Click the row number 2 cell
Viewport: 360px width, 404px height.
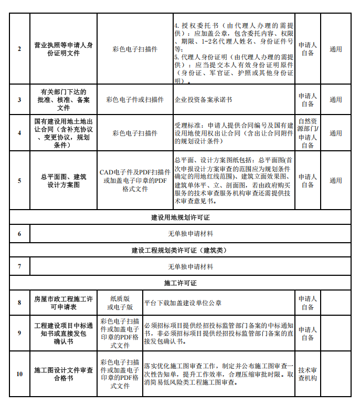(19, 49)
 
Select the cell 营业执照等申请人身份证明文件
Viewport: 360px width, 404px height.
(63, 49)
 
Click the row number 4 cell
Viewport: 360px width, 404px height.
(19, 133)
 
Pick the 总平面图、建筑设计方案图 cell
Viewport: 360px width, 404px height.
(63, 181)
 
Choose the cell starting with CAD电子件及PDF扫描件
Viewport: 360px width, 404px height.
(135, 181)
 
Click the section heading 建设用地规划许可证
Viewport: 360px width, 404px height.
(180, 217)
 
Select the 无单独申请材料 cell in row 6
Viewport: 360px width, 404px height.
(190, 233)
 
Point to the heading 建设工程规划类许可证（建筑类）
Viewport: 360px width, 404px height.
(180, 250)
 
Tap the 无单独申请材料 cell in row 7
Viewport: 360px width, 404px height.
(190, 266)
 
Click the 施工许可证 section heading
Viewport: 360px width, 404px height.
(180, 283)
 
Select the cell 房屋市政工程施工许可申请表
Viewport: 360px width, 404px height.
(63, 303)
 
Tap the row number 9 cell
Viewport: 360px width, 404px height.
(19, 333)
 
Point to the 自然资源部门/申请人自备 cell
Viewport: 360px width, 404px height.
(308, 133)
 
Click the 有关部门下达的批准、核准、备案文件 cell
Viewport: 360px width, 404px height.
(63, 99)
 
